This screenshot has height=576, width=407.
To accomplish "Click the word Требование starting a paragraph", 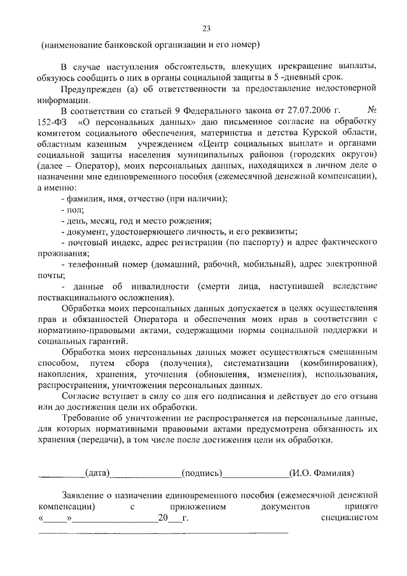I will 90,418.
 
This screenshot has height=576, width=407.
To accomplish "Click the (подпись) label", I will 202,473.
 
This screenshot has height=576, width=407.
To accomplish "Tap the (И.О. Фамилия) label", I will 321,473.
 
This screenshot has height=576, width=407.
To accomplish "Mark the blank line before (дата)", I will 62,474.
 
